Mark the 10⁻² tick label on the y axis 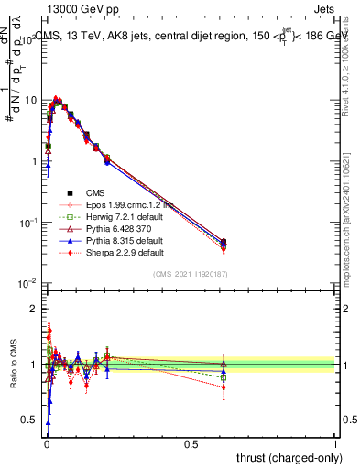27,284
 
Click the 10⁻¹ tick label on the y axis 27,223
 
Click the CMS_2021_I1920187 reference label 191,274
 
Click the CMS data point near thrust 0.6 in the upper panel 224,242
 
